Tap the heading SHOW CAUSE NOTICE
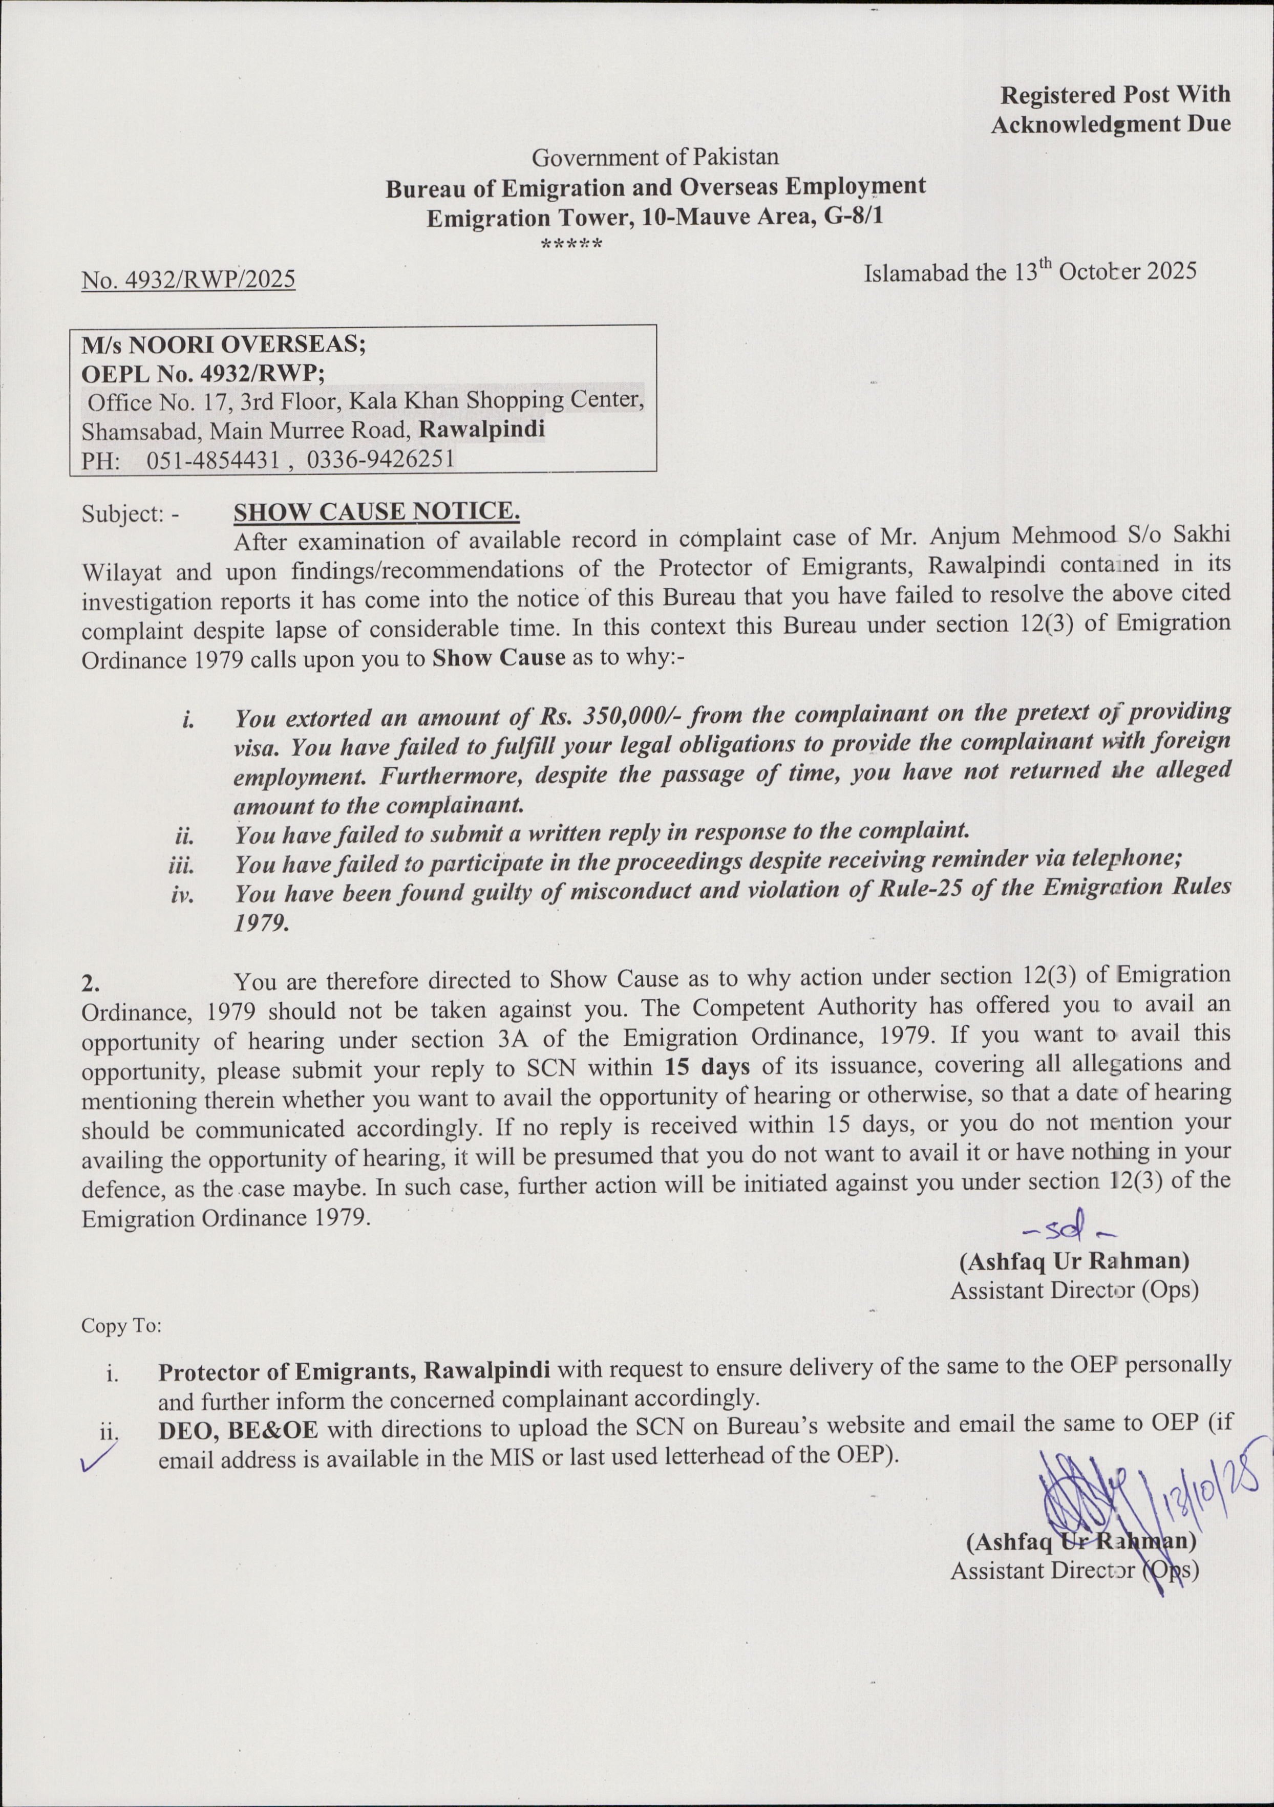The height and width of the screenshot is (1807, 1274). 376,511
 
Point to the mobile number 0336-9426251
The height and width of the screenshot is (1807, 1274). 380,458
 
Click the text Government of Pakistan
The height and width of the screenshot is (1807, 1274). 655,157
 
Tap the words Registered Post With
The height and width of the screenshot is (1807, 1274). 1114,94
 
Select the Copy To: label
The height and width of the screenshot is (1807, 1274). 121,1326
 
